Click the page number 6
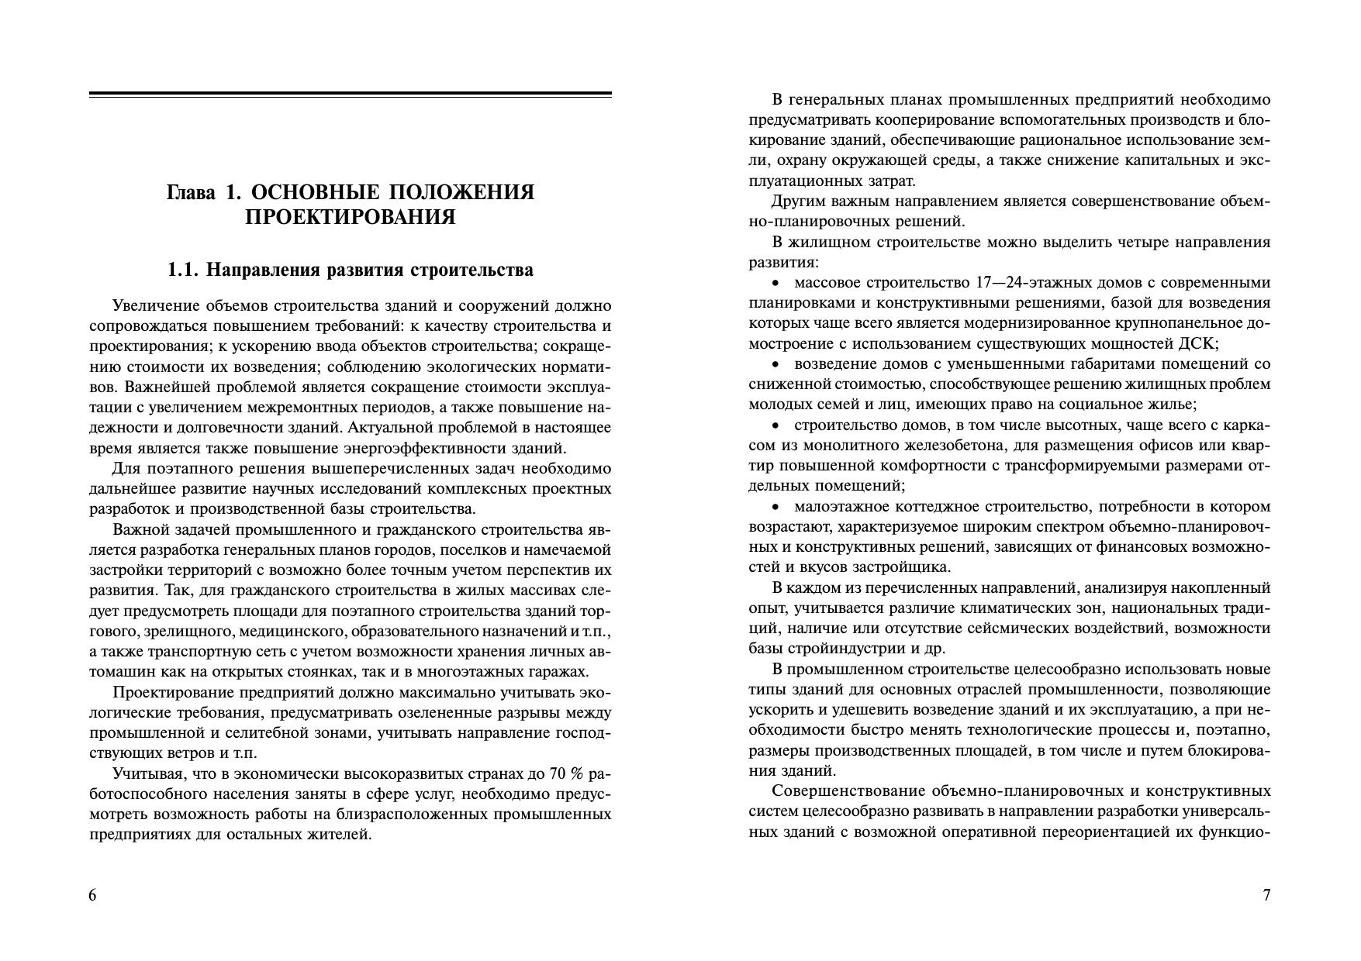(x=93, y=896)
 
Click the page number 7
(x=1267, y=896)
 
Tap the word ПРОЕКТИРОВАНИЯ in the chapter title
(x=350, y=217)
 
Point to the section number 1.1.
(x=184, y=270)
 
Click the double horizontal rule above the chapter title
(x=350, y=95)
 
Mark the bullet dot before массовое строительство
(x=775, y=283)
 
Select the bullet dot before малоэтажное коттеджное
(x=775, y=507)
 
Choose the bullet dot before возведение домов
(x=775, y=364)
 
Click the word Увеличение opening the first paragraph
(x=150, y=306)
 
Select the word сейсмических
(x=1038, y=629)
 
